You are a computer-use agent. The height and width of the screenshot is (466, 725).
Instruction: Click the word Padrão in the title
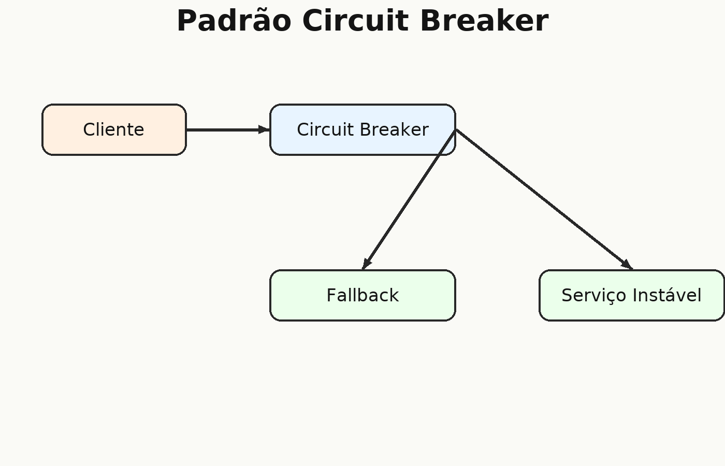pos(234,21)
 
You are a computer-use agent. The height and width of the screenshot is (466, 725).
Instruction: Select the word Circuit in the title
pos(355,21)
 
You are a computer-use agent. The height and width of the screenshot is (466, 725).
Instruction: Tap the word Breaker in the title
pos(484,21)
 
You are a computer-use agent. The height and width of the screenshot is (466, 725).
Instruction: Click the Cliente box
pos(114,130)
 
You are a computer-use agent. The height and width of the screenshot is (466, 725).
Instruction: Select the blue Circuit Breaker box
pos(363,130)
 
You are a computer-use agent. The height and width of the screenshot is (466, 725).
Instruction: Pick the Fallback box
pos(363,295)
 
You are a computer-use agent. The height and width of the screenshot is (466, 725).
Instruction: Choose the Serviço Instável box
pos(631,295)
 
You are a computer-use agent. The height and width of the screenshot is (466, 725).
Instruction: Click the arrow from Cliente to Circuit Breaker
pos(228,130)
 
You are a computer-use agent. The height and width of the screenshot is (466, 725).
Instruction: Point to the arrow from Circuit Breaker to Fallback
pos(409,199)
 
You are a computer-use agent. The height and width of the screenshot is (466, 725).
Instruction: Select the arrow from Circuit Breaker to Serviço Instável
pos(544,199)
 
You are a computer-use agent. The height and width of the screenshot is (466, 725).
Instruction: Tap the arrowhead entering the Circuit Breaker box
pos(264,130)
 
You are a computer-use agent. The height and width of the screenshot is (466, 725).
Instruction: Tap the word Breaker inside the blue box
pos(394,129)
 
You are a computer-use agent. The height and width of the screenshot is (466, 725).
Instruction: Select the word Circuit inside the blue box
pos(325,129)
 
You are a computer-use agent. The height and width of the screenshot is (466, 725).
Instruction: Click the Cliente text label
pos(113,129)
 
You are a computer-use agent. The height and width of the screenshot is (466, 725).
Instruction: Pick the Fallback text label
pos(363,295)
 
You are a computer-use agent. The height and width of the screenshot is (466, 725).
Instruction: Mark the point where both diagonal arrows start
pos(456,130)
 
